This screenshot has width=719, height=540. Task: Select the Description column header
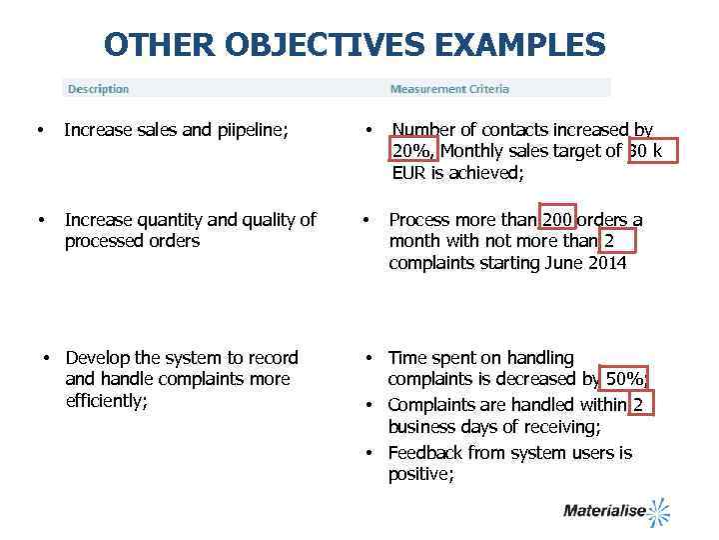98,89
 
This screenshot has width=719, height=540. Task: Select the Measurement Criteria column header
449,89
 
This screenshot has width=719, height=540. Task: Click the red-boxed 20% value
412,151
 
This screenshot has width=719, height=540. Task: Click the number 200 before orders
558,220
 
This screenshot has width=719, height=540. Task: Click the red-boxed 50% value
626,380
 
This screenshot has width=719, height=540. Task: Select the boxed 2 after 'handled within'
638,404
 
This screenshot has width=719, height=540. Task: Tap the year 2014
607,264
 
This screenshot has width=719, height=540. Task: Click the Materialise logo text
604,511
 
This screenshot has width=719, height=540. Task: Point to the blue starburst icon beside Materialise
658,511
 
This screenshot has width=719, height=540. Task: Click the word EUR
409,173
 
